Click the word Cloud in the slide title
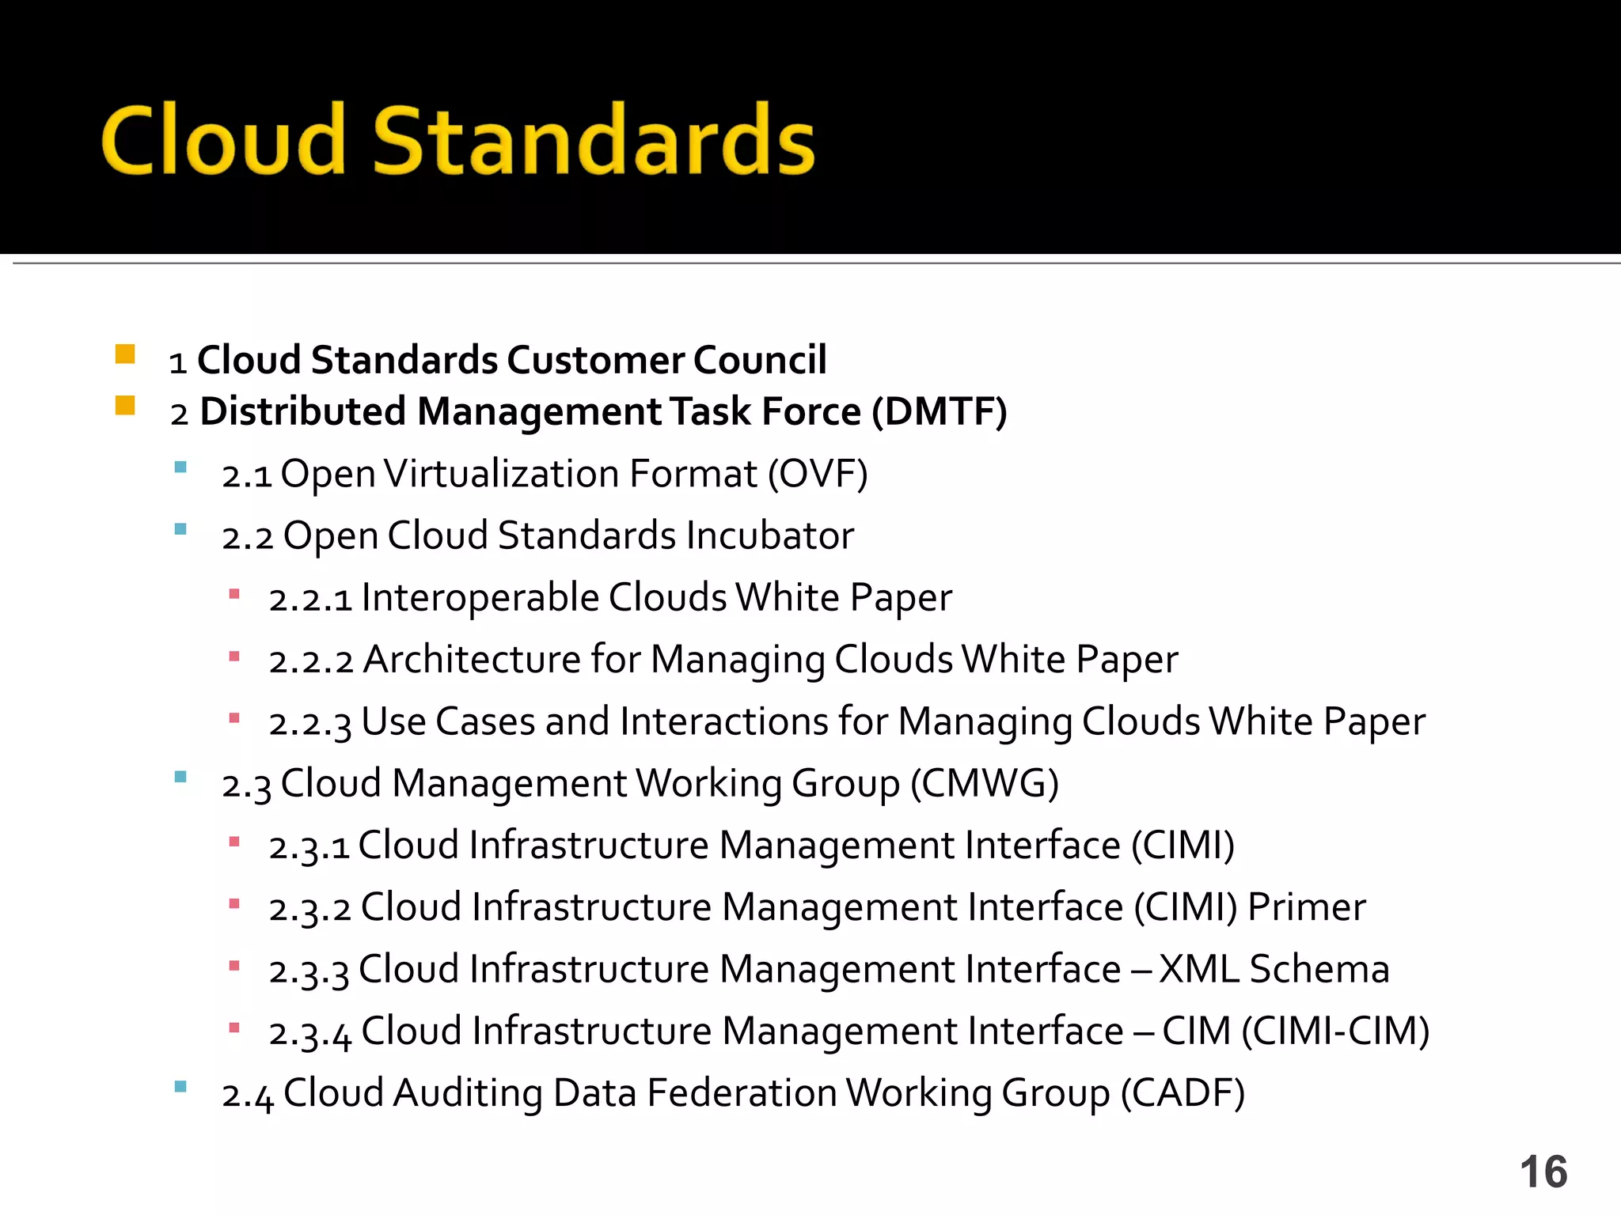tap(223, 140)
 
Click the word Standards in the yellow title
tap(594, 140)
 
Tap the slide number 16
tap(1543, 1171)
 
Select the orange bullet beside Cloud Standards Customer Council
tap(125, 354)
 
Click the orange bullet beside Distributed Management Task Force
tap(125, 406)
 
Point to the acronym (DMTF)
tap(939, 412)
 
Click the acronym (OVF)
tap(818, 475)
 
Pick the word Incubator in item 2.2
tap(770, 536)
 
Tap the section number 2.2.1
tap(310, 599)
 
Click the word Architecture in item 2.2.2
tap(472, 660)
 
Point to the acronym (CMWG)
tap(984, 784)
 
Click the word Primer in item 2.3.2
tap(1307, 907)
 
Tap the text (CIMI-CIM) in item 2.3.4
tap(1335, 1031)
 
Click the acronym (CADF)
tap(1183, 1093)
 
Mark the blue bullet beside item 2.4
tap(180, 1086)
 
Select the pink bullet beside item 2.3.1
tap(234, 842)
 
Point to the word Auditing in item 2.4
tap(468, 1093)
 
